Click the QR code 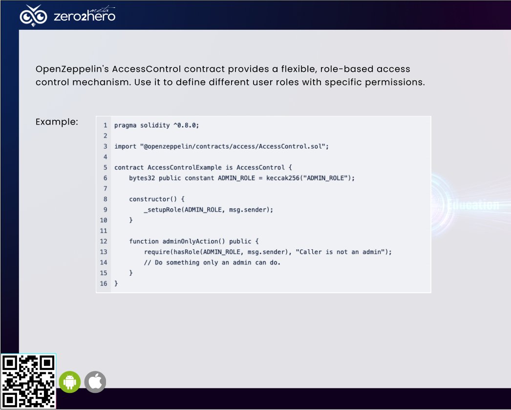coord(28,381)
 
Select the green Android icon coord(70,382)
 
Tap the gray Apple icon coord(95,382)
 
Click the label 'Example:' coord(57,122)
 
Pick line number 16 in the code coord(104,283)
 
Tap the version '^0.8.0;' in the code coord(186,125)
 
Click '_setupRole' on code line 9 coord(162,210)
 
